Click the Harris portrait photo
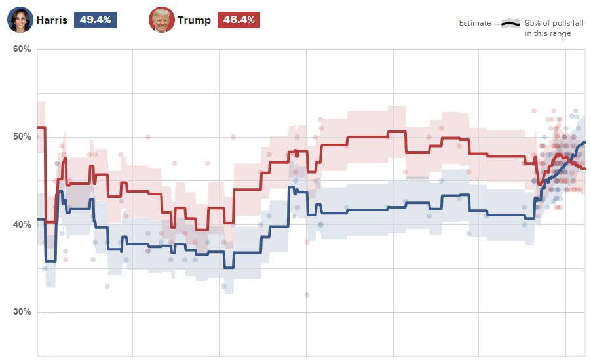[20, 20]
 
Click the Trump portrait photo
[161, 20]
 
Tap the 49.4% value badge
[95, 20]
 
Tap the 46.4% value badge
[238, 20]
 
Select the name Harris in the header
[52, 20]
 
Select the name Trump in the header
[194, 20]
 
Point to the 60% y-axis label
[22, 49]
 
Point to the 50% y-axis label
[22, 137]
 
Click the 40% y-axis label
[22, 224]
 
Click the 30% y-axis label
[22, 312]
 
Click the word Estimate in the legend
[474, 23]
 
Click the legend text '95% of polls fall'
[554, 23]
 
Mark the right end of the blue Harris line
[585, 142]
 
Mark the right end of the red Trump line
[585, 169]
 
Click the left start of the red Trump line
[38, 127]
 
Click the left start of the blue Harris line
[38, 219]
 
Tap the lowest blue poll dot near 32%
[306, 294]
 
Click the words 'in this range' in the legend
[548, 33]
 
